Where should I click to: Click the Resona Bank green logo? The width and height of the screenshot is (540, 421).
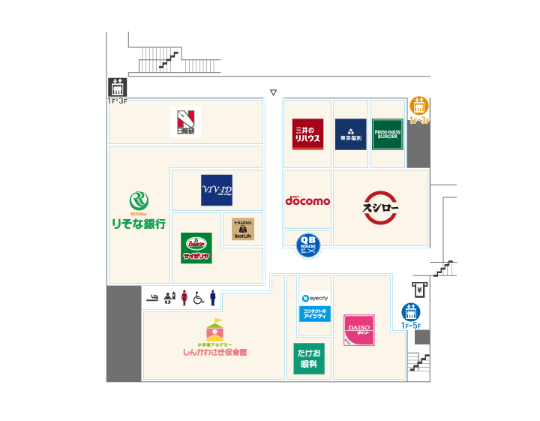click(139, 201)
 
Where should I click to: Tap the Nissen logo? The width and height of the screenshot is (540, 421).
click(185, 122)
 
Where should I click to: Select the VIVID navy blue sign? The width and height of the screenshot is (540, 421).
click(217, 190)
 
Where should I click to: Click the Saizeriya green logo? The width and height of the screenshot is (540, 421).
click(196, 248)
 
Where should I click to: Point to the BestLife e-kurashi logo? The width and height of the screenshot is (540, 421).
click(243, 229)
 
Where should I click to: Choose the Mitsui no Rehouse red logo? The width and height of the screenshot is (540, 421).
click(307, 134)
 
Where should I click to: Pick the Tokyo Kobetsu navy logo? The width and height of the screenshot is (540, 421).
click(351, 134)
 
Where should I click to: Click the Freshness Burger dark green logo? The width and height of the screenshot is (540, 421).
click(388, 134)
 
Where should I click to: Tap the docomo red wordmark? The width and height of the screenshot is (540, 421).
click(307, 200)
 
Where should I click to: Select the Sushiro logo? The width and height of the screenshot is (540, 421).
click(380, 207)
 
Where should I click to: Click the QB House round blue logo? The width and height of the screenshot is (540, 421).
click(308, 245)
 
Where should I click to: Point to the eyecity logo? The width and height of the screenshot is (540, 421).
click(315, 299)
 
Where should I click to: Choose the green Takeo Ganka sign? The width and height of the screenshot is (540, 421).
click(309, 359)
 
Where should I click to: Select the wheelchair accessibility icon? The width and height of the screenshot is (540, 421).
click(199, 298)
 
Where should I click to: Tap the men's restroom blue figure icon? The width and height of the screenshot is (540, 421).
click(213, 298)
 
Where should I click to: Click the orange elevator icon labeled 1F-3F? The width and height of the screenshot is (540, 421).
click(418, 106)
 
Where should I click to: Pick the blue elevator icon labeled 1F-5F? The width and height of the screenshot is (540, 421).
click(411, 311)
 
